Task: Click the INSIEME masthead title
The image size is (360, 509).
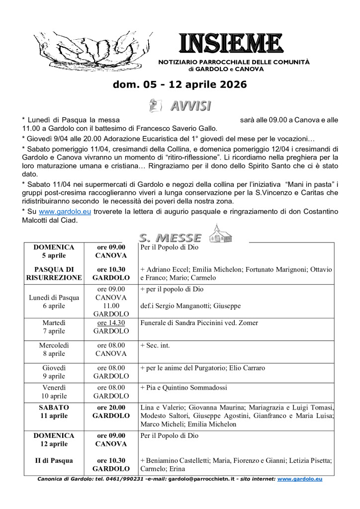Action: [231, 44]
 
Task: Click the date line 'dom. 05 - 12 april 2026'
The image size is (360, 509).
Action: [180, 85]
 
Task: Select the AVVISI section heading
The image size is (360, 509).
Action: [190, 105]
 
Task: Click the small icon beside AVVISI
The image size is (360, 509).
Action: [156, 105]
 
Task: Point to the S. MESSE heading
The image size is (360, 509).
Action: [171, 238]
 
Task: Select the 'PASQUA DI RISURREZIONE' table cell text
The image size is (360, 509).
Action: [54, 273]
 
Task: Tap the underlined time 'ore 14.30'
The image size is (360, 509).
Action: [111, 323]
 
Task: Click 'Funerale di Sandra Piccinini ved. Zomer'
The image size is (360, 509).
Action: [199, 323]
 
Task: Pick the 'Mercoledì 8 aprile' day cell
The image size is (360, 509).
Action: [54, 349]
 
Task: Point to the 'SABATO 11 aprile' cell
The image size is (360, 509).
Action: [54, 411]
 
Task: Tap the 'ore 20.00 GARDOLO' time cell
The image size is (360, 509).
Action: [111, 411]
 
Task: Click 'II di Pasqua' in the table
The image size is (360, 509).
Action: [54, 460]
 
